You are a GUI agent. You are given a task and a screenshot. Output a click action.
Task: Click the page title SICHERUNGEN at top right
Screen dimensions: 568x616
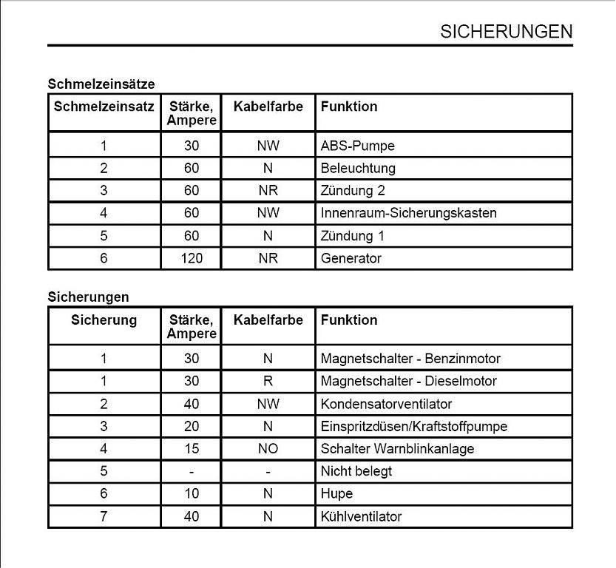(x=506, y=31)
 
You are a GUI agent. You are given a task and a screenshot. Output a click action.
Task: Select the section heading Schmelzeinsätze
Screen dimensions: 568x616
(x=101, y=84)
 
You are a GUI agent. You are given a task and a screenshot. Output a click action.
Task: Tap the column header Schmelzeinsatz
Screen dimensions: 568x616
(x=104, y=106)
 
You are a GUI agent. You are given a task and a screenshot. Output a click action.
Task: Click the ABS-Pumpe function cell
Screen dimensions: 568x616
(x=357, y=146)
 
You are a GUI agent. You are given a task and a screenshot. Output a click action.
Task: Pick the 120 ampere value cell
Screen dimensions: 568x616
(x=192, y=259)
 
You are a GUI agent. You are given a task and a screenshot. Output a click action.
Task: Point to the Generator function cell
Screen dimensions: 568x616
(x=351, y=259)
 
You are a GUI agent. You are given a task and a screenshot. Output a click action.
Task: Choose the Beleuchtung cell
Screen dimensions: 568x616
(x=358, y=169)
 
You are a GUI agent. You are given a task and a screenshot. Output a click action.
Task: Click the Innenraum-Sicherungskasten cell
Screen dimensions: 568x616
(x=408, y=213)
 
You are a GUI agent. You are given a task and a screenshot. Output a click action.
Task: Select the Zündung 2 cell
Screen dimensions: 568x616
(x=353, y=191)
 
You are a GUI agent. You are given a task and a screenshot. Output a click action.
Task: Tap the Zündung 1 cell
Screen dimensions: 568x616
(x=353, y=236)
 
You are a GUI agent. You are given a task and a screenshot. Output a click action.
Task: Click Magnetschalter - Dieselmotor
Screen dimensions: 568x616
(x=408, y=382)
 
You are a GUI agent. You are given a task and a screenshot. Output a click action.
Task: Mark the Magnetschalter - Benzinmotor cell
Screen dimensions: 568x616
(x=410, y=359)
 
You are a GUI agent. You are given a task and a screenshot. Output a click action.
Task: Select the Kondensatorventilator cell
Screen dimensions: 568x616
(x=386, y=404)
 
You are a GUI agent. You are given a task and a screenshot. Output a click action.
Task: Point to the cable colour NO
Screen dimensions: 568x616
(x=268, y=449)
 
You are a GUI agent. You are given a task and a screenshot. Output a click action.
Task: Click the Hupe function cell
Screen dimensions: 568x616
(x=336, y=494)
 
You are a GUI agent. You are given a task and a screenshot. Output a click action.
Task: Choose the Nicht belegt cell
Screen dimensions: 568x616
(x=356, y=471)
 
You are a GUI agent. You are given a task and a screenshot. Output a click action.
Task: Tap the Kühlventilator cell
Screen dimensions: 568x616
(x=361, y=516)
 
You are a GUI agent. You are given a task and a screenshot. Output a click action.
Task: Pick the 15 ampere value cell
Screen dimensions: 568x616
(x=192, y=449)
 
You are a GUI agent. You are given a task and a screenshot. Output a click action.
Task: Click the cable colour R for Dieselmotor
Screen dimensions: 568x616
(x=268, y=382)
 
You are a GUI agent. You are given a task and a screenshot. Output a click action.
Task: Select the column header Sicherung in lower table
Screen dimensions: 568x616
(x=104, y=320)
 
